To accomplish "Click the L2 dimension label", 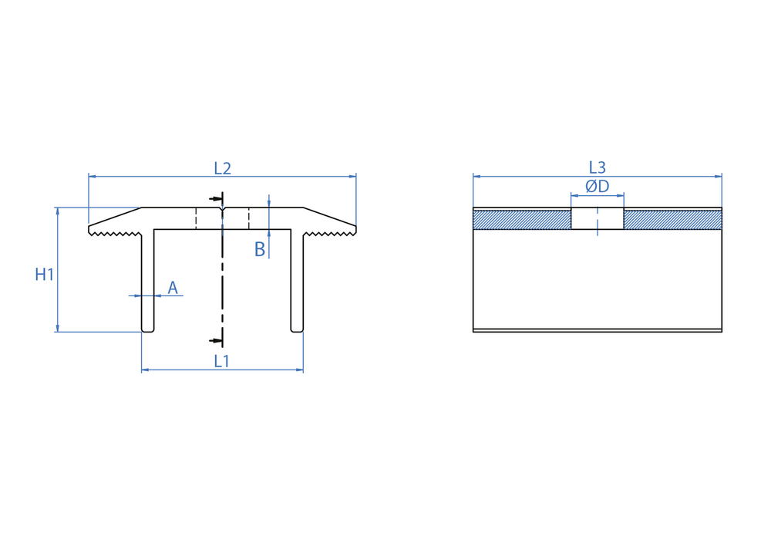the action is click(x=222, y=169).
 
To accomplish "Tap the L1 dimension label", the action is click(x=222, y=362).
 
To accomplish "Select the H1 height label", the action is click(x=44, y=275).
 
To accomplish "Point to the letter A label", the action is click(x=173, y=288).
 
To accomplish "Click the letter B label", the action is click(x=260, y=250).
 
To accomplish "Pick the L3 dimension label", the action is click(x=598, y=167).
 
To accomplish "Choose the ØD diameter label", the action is click(x=598, y=187).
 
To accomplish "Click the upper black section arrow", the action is click(x=216, y=199).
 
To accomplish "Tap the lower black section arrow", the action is click(x=216, y=340).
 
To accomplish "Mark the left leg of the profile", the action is click(x=147, y=281).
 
